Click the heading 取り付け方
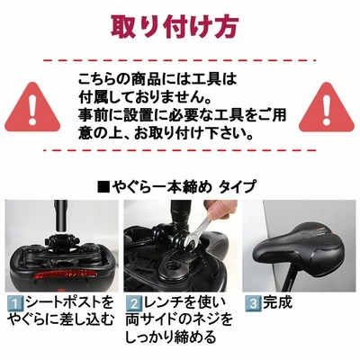click(175, 26)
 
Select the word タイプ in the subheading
click(238, 187)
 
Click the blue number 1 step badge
click(16, 304)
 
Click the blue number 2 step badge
click(133, 304)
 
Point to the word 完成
click(277, 303)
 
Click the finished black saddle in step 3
click(300, 245)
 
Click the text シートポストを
click(70, 303)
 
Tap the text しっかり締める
click(170, 337)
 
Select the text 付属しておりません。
click(144, 97)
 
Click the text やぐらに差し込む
click(60, 320)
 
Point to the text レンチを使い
click(184, 303)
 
